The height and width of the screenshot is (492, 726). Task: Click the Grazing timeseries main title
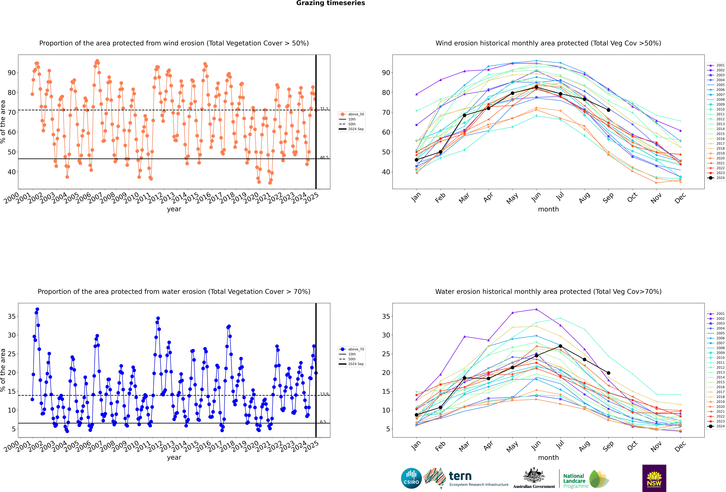(x=331, y=3)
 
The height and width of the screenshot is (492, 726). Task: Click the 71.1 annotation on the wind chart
(x=324, y=109)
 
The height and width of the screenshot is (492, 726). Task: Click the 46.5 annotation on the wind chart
(x=324, y=157)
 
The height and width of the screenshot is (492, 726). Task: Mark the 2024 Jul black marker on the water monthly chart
(x=560, y=346)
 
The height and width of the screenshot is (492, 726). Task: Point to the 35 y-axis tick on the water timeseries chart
(x=12, y=316)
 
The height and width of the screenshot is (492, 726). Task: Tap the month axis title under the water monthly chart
(x=548, y=458)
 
